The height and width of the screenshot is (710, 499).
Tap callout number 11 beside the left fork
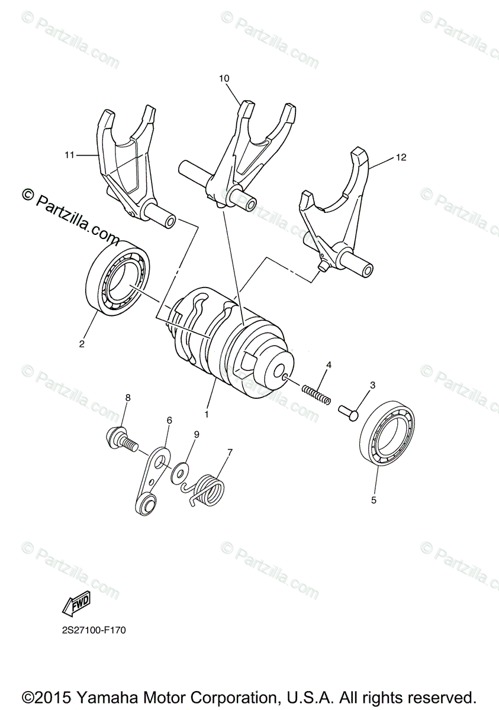(70, 155)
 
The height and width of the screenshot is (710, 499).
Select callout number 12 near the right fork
(402, 157)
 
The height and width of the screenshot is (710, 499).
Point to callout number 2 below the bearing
(82, 343)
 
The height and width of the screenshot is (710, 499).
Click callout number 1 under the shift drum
(207, 415)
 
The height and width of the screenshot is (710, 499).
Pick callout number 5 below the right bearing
(374, 500)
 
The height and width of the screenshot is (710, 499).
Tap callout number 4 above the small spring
(329, 365)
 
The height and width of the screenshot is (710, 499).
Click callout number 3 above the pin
(372, 385)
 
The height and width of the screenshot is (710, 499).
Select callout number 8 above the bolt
(127, 398)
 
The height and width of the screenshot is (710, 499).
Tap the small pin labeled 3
(347, 411)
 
